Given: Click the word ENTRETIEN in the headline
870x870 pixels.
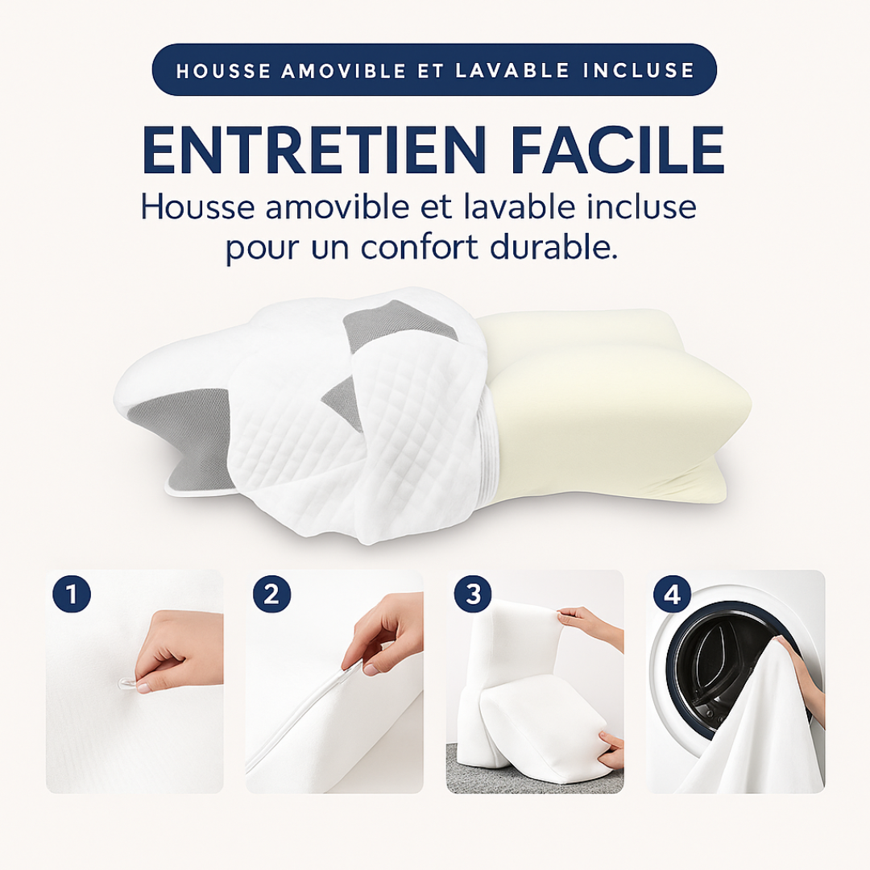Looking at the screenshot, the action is (x=313, y=150).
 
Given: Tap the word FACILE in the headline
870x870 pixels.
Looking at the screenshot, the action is (x=619, y=150).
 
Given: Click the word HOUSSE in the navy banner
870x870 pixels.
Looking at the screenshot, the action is (x=224, y=70).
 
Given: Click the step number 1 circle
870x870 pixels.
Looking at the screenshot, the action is (x=72, y=594).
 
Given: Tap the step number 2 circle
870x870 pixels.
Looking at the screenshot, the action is (x=272, y=594).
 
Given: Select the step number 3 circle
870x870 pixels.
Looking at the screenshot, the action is (x=473, y=594).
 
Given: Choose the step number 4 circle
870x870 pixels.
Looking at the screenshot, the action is (x=673, y=594).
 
